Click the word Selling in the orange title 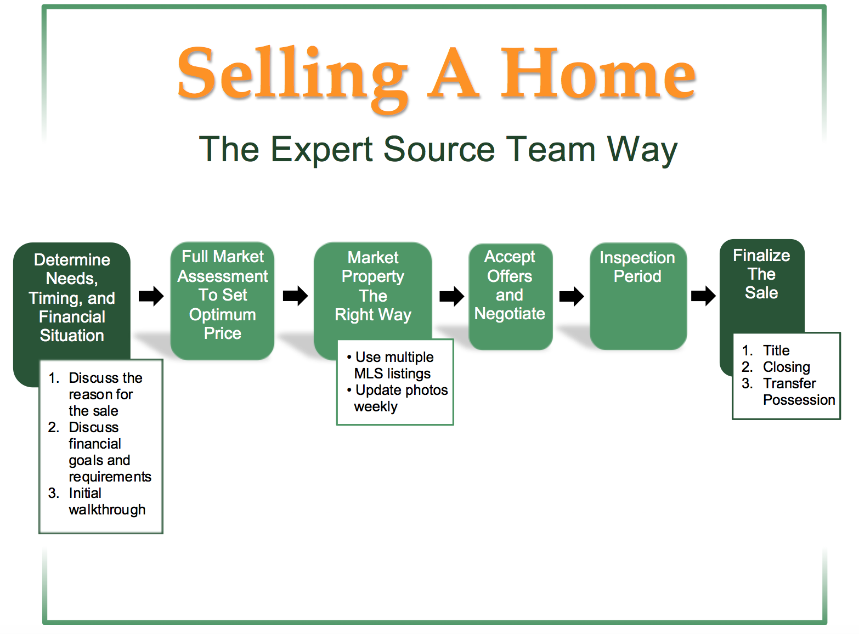[292, 77]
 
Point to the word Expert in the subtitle [322, 150]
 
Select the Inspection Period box [638, 296]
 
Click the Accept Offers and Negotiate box [511, 296]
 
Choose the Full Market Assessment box [222, 301]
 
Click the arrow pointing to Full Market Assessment [151, 296]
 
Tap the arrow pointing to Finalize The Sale [703, 296]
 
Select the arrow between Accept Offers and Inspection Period [572, 296]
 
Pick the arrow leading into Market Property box [296, 296]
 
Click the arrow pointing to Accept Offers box [452, 296]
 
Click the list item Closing [786, 367]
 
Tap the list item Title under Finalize [776, 350]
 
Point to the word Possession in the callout [799, 400]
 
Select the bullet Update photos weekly [397, 398]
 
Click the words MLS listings [392, 373]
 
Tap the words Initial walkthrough [107, 501]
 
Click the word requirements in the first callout [110, 477]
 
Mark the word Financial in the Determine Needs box [72, 317]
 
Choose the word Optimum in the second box [222, 315]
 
